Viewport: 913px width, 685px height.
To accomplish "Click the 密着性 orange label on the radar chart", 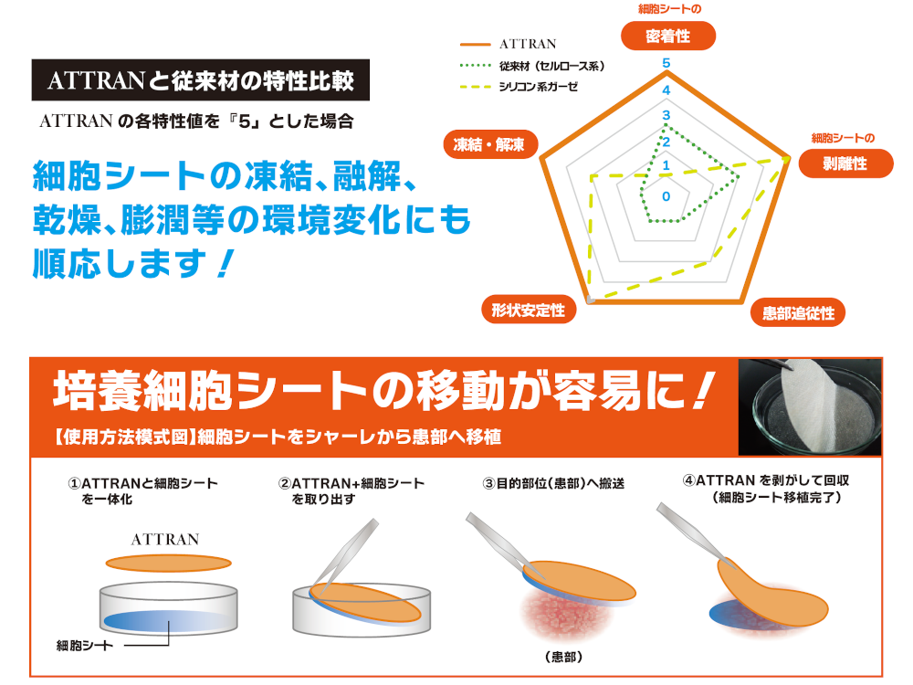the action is pyautogui.click(x=668, y=37).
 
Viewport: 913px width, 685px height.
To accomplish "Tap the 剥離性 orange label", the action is pyautogui.click(x=845, y=163).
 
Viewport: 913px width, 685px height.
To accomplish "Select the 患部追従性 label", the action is pyautogui.click(x=798, y=313).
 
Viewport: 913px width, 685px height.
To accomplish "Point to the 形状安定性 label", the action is pyautogui.click(x=529, y=310).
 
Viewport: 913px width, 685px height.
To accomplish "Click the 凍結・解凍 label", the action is pyautogui.click(x=489, y=144).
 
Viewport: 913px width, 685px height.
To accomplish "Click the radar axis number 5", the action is pyautogui.click(x=666, y=63).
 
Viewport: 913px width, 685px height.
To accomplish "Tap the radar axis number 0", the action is pyautogui.click(x=666, y=197).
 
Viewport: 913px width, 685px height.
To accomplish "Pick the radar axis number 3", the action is pyautogui.click(x=666, y=115).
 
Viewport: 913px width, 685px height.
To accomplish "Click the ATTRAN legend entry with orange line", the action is pyautogui.click(x=509, y=44).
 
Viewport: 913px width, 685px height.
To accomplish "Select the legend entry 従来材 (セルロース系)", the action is pyautogui.click(x=532, y=67).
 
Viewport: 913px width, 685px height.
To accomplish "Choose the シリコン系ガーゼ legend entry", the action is pyautogui.click(x=519, y=87).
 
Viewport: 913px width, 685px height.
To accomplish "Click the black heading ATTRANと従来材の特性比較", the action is pyautogui.click(x=201, y=80).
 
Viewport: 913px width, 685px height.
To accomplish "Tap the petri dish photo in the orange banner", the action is pyautogui.click(x=810, y=406).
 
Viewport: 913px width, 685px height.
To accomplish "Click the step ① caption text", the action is pyautogui.click(x=142, y=491).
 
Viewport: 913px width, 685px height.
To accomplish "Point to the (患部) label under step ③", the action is pyautogui.click(x=563, y=657).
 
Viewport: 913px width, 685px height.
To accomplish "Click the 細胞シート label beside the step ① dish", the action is pyautogui.click(x=84, y=646).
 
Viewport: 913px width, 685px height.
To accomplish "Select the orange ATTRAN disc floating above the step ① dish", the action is pyautogui.click(x=168, y=564).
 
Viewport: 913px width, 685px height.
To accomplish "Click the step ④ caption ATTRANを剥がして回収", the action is pyautogui.click(x=766, y=480).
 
